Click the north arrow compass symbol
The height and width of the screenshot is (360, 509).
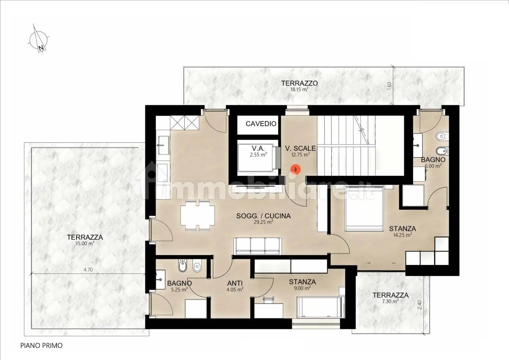[x=38, y=39]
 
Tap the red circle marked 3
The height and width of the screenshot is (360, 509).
[x=295, y=169]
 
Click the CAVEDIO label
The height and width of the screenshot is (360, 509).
[x=261, y=124]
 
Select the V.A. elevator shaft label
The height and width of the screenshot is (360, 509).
[x=258, y=151]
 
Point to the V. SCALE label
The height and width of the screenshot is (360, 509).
[x=300, y=151]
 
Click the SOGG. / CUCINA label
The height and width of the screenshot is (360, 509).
[x=263, y=218]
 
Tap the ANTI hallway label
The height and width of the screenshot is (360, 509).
[x=235, y=286]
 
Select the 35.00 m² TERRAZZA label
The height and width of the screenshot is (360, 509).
[x=85, y=240]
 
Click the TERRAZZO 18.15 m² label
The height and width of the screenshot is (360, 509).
[x=299, y=85]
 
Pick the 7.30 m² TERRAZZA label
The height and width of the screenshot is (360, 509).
[x=390, y=298]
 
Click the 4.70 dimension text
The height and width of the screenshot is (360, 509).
[x=88, y=270]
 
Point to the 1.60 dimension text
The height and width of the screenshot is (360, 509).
[x=389, y=86]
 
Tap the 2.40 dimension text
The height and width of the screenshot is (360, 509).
[x=420, y=305]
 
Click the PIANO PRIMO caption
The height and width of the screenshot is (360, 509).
[x=41, y=346]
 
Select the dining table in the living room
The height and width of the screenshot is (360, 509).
[x=197, y=215]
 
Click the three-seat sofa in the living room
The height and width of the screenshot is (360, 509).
[x=257, y=246]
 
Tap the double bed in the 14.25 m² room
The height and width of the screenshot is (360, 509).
[x=364, y=208]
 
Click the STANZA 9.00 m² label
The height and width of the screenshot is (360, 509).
[x=302, y=284]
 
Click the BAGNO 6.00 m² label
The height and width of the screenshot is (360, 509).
[x=433, y=162]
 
